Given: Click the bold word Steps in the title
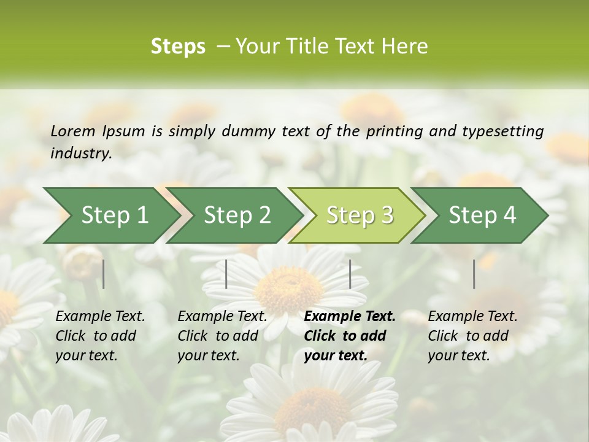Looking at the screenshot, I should [178, 47].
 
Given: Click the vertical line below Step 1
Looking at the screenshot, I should [104, 274].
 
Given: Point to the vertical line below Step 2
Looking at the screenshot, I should [226, 274].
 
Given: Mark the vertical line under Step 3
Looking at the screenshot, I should [350, 274].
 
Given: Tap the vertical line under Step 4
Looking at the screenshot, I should [474, 274].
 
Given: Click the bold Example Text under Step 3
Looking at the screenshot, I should [350, 317].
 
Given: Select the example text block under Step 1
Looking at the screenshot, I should [100, 336].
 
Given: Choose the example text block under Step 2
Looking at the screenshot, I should [222, 336].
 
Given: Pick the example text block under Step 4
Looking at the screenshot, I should [472, 336].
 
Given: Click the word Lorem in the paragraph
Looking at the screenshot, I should [73, 131].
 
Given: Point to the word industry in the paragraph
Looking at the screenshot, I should [81, 153].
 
